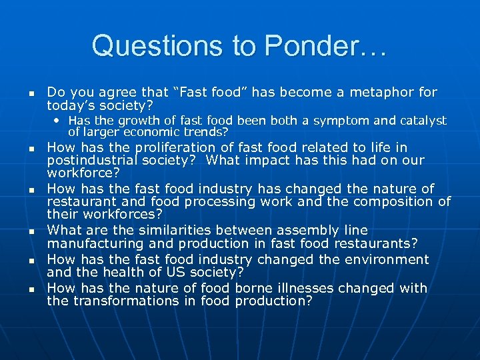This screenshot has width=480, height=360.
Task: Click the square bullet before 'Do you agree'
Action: click(28, 93)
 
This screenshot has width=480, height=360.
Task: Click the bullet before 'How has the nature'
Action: click(28, 289)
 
